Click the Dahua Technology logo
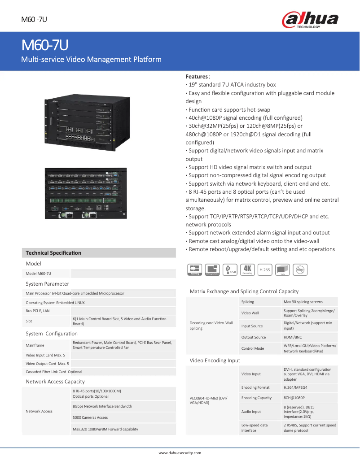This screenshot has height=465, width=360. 310,20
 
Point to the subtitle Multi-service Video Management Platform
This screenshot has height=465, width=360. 92,59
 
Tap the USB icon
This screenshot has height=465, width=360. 231,269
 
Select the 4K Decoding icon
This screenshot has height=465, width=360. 247,269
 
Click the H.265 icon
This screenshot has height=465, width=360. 265,269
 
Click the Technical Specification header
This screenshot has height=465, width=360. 53,253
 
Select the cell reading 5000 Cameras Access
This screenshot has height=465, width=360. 90,417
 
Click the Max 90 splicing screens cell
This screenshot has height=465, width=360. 303,302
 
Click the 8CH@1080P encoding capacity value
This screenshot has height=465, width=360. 294,398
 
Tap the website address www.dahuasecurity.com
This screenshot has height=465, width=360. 180,453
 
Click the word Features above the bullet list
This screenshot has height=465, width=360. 197,77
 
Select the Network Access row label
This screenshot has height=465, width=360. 39,411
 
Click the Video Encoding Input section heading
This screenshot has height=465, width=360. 215,360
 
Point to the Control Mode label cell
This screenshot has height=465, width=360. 253,348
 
